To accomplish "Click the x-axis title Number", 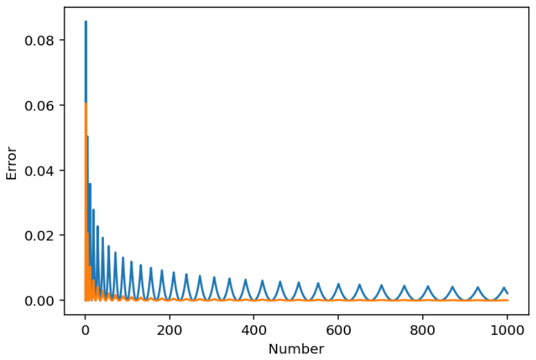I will pyautogui.click(x=297, y=349).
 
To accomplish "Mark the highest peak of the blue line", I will pyautogui.click(x=86, y=21).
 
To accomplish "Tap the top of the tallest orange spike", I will pyautogui.click(x=86, y=103).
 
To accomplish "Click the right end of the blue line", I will pyautogui.click(x=508, y=293).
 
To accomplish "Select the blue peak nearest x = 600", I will pyautogui.click(x=338, y=283).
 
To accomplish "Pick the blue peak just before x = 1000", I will pyautogui.click(x=504, y=287).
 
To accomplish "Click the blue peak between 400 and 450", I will pyautogui.click(x=262, y=281).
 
